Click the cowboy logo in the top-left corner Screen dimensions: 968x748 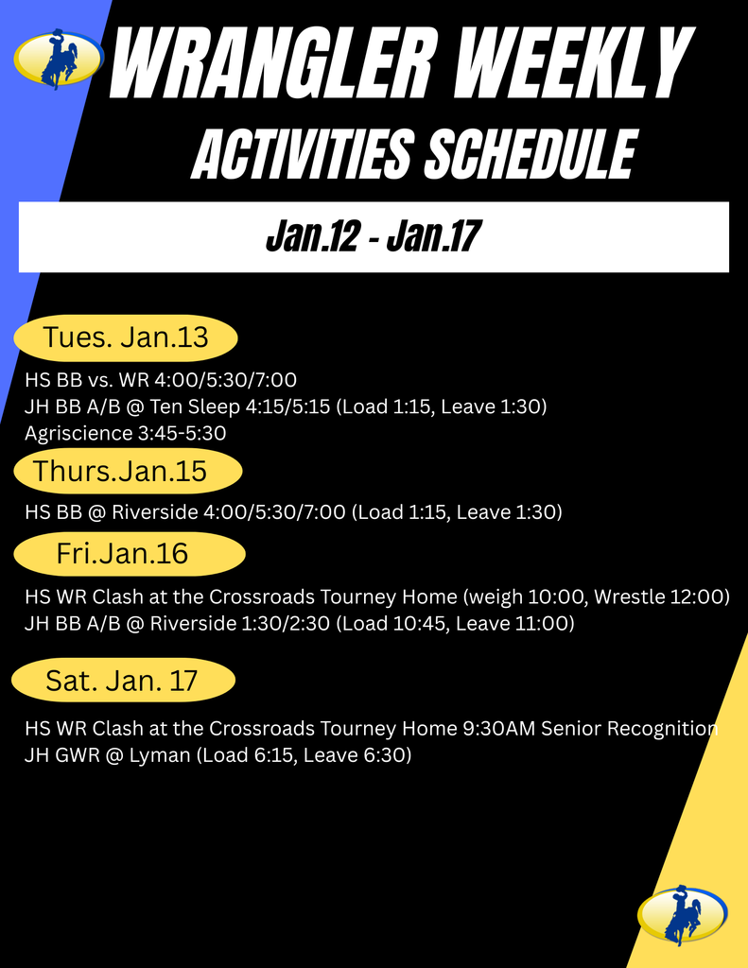[x=59, y=59]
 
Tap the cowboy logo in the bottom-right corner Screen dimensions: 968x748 [x=682, y=914]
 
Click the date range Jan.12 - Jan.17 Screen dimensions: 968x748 [x=370, y=237]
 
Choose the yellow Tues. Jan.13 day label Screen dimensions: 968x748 [x=125, y=337]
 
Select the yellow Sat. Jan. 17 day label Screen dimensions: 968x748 [x=122, y=681]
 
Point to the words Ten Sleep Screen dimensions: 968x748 [x=197, y=406]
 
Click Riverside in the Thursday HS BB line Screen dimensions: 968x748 [x=152, y=512]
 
